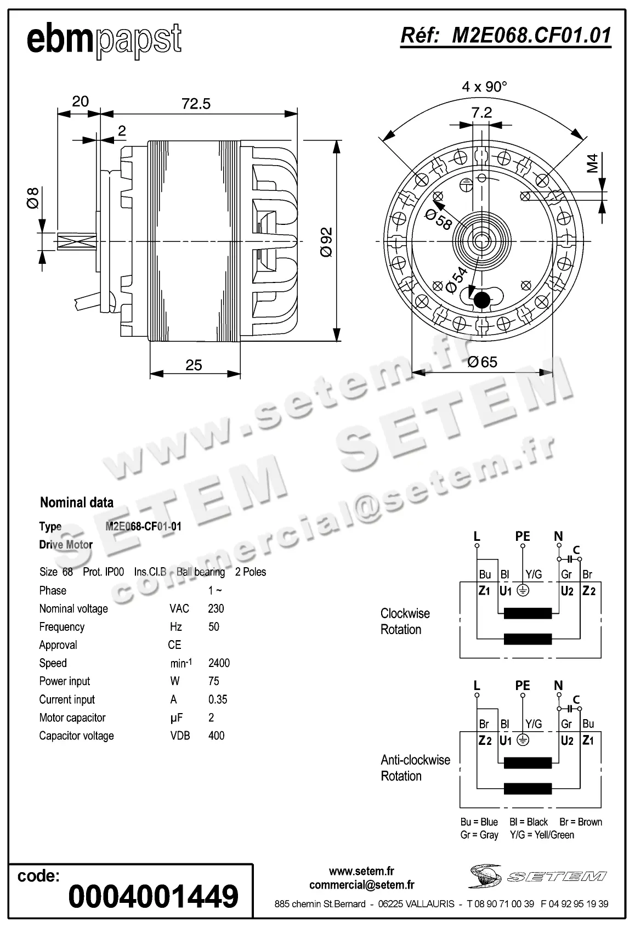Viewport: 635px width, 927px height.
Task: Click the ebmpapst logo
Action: (104, 40)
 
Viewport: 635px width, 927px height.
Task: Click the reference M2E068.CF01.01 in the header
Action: (506, 36)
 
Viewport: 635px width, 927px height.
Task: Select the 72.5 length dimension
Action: (196, 104)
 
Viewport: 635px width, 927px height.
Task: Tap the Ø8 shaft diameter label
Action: (33, 197)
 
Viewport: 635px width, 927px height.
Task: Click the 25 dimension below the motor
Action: (194, 365)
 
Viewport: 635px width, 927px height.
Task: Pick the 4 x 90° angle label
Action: (484, 86)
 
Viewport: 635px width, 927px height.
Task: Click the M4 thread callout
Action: (593, 163)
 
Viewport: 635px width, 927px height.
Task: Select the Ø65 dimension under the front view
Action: (482, 362)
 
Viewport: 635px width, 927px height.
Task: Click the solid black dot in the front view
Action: (482, 300)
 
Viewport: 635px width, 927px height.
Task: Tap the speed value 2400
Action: (219, 663)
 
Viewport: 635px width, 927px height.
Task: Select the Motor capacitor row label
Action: (72, 717)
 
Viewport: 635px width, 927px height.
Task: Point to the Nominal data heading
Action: (77, 502)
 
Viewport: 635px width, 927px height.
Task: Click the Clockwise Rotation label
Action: (405, 621)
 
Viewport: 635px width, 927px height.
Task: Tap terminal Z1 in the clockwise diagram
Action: (484, 591)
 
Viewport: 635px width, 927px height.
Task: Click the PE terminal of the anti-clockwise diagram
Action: (523, 686)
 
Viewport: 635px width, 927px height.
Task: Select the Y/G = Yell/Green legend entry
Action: (542, 835)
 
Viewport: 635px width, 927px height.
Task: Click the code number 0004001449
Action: (154, 896)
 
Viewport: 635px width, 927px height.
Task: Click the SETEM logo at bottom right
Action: (537, 875)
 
